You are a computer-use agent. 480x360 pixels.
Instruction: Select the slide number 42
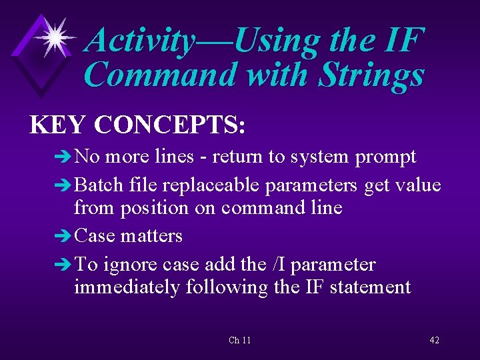click(434, 340)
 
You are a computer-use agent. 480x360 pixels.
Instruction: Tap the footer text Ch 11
click(239, 340)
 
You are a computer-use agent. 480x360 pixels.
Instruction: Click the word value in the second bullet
click(417, 185)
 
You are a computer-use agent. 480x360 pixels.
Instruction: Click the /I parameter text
click(277, 265)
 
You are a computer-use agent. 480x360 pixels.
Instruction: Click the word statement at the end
click(373, 287)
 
